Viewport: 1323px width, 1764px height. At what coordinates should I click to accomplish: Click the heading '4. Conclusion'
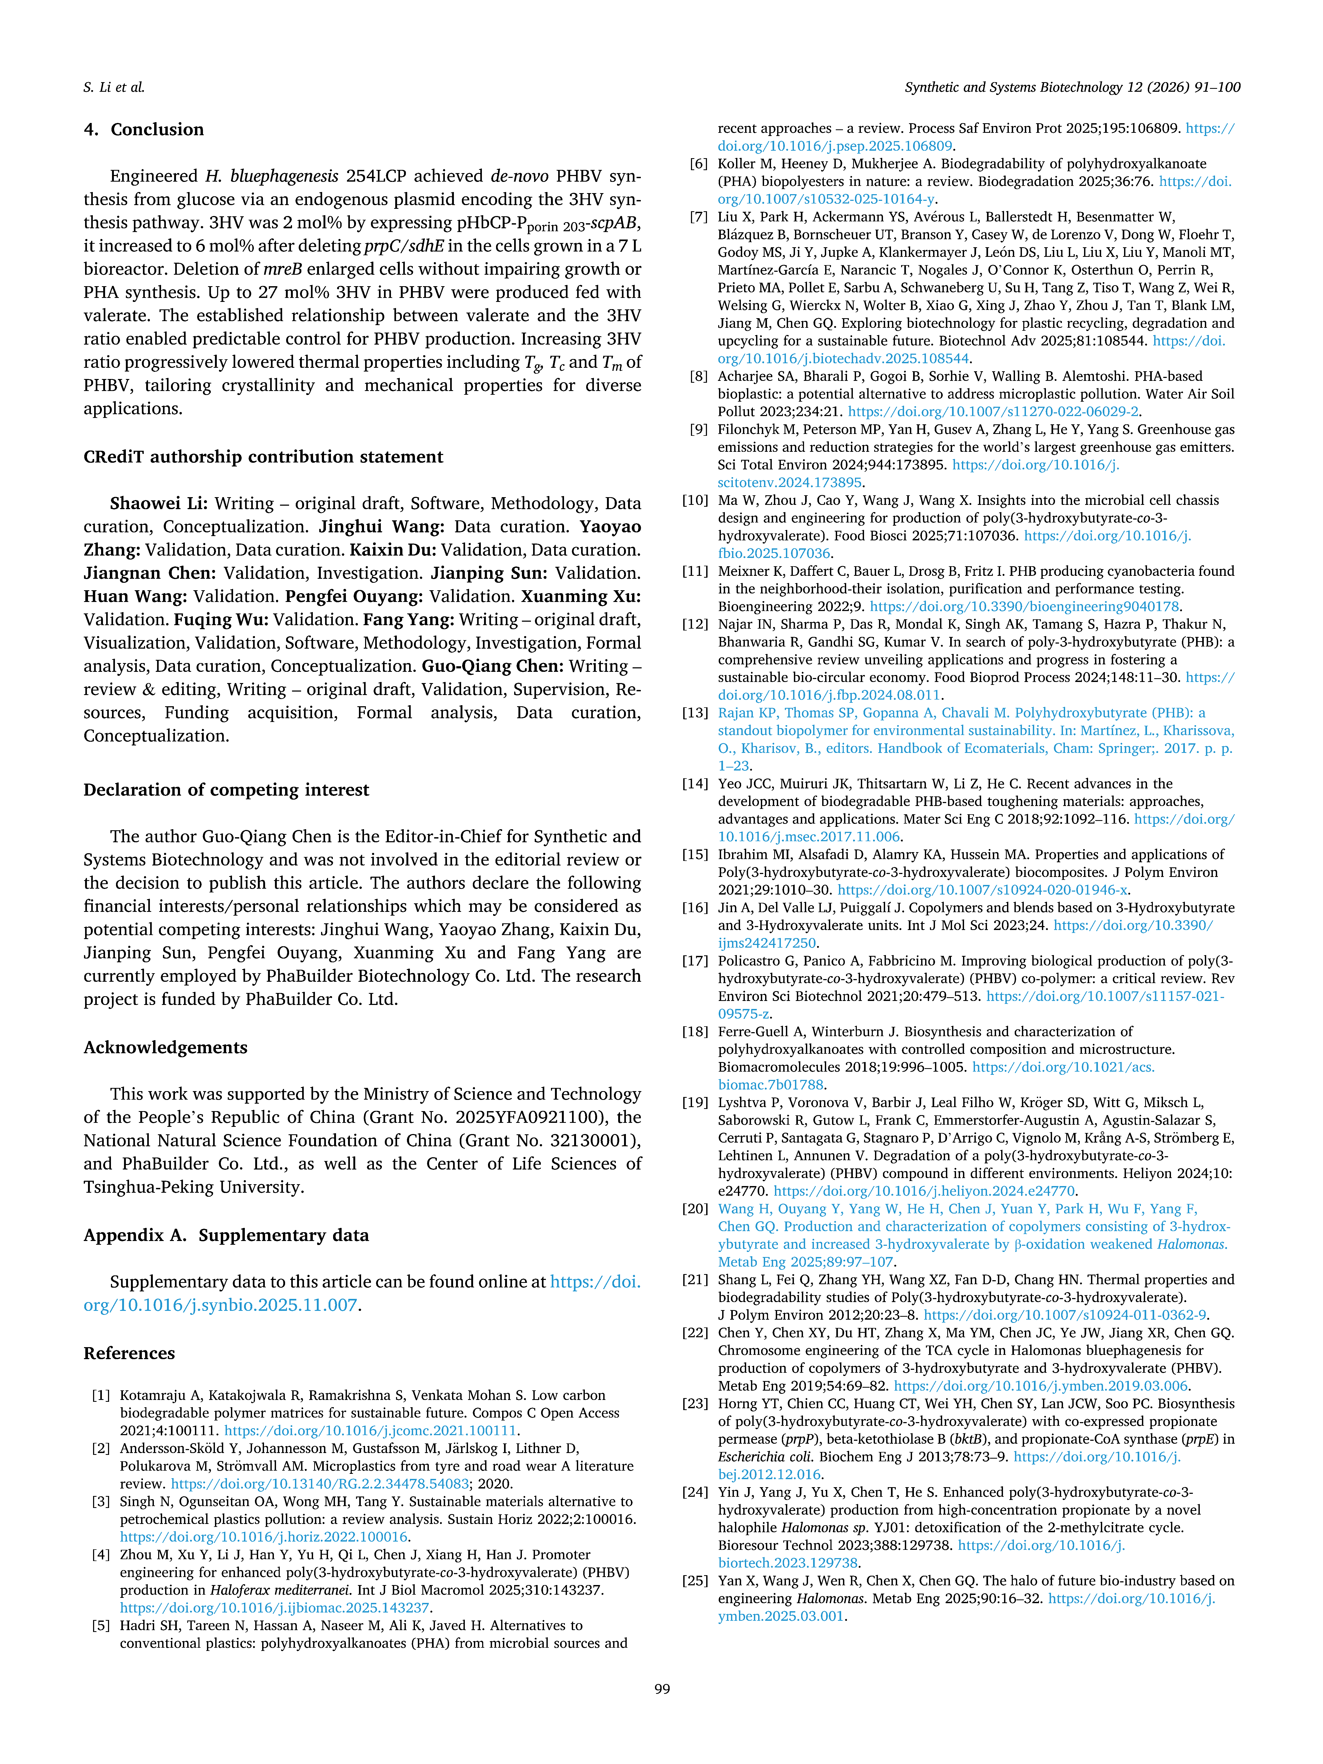pyautogui.click(x=143, y=129)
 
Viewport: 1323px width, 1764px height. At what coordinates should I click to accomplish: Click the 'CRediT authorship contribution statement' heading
pyautogui.click(x=263, y=457)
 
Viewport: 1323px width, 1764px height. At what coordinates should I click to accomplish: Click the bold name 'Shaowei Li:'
pyautogui.click(x=159, y=503)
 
